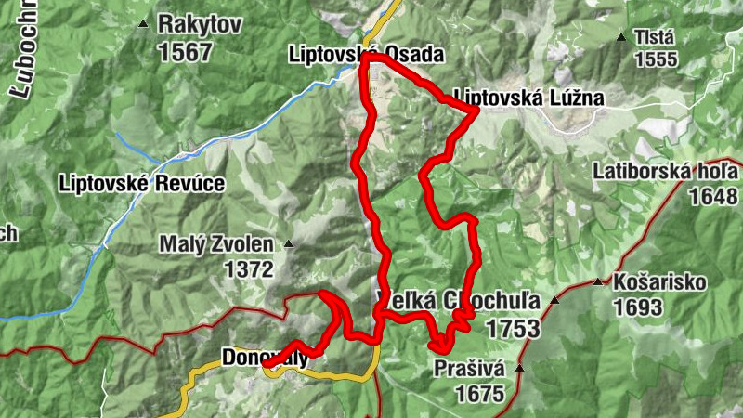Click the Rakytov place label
coord(199,24)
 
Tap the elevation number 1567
coord(185,52)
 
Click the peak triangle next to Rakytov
coord(142,24)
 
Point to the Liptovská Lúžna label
coord(528,98)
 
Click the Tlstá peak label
coord(654,37)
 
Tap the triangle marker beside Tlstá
coord(621,38)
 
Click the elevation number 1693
coord(638,307)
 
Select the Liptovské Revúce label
coord(140,183)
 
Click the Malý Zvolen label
coord(216,245)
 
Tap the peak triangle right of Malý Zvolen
coord(288,245)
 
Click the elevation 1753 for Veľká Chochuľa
coord(512,327)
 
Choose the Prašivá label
coord(469,369)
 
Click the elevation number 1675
coord(479,393)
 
